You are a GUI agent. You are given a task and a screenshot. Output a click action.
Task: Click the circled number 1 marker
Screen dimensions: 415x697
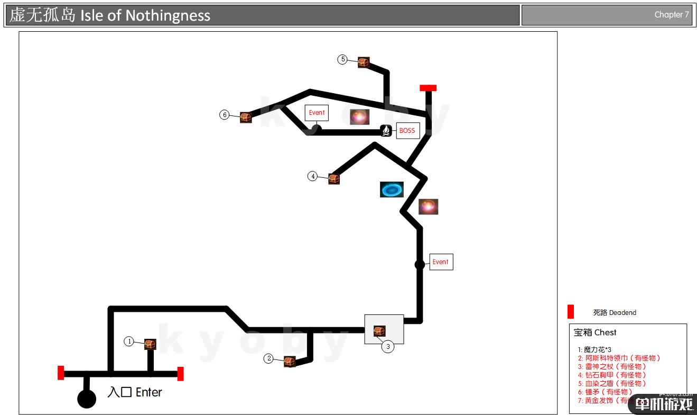coord(129,341)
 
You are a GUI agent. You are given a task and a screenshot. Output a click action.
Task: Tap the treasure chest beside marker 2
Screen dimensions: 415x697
coord(289,362)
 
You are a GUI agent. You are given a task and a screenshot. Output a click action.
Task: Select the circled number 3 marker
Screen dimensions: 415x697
coord(388,347)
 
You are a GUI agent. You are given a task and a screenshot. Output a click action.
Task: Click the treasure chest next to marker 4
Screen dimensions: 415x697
coord(333,178)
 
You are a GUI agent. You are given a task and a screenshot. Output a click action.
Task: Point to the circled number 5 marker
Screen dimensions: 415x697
coord(343,59)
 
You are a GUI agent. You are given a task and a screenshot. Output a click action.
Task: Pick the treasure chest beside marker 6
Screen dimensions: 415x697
coord(245,117)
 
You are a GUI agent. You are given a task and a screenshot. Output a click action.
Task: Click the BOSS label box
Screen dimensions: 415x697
coord(407,131)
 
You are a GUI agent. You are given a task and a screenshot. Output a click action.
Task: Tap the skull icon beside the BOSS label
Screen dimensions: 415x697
coord(386,130)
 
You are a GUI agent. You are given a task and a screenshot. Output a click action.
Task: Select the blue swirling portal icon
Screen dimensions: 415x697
coord(392,190)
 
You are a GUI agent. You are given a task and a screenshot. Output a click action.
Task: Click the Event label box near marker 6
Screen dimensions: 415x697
coord(317,113)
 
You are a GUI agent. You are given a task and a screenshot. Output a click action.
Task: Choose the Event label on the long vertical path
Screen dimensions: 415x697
coord(441,262)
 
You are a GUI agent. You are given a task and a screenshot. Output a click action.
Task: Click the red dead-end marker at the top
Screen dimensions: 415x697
coord(428,88)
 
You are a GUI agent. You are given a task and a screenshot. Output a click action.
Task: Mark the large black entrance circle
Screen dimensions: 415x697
coord(87,399)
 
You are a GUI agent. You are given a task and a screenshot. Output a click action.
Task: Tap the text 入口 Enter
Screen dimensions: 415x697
coord(134,392)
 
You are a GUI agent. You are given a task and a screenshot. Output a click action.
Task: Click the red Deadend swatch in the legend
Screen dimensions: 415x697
coord(571,312)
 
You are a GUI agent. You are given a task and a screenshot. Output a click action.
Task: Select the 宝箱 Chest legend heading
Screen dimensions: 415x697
coord(595,332)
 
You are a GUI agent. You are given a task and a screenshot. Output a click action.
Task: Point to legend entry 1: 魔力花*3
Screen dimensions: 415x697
coord(594,349)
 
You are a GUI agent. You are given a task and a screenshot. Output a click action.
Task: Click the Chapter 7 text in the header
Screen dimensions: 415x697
coord(672,15)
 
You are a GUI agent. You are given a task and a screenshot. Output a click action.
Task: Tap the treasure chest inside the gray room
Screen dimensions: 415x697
coord(379,331)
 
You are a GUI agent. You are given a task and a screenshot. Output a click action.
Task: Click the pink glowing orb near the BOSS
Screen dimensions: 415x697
coord(359,117)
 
